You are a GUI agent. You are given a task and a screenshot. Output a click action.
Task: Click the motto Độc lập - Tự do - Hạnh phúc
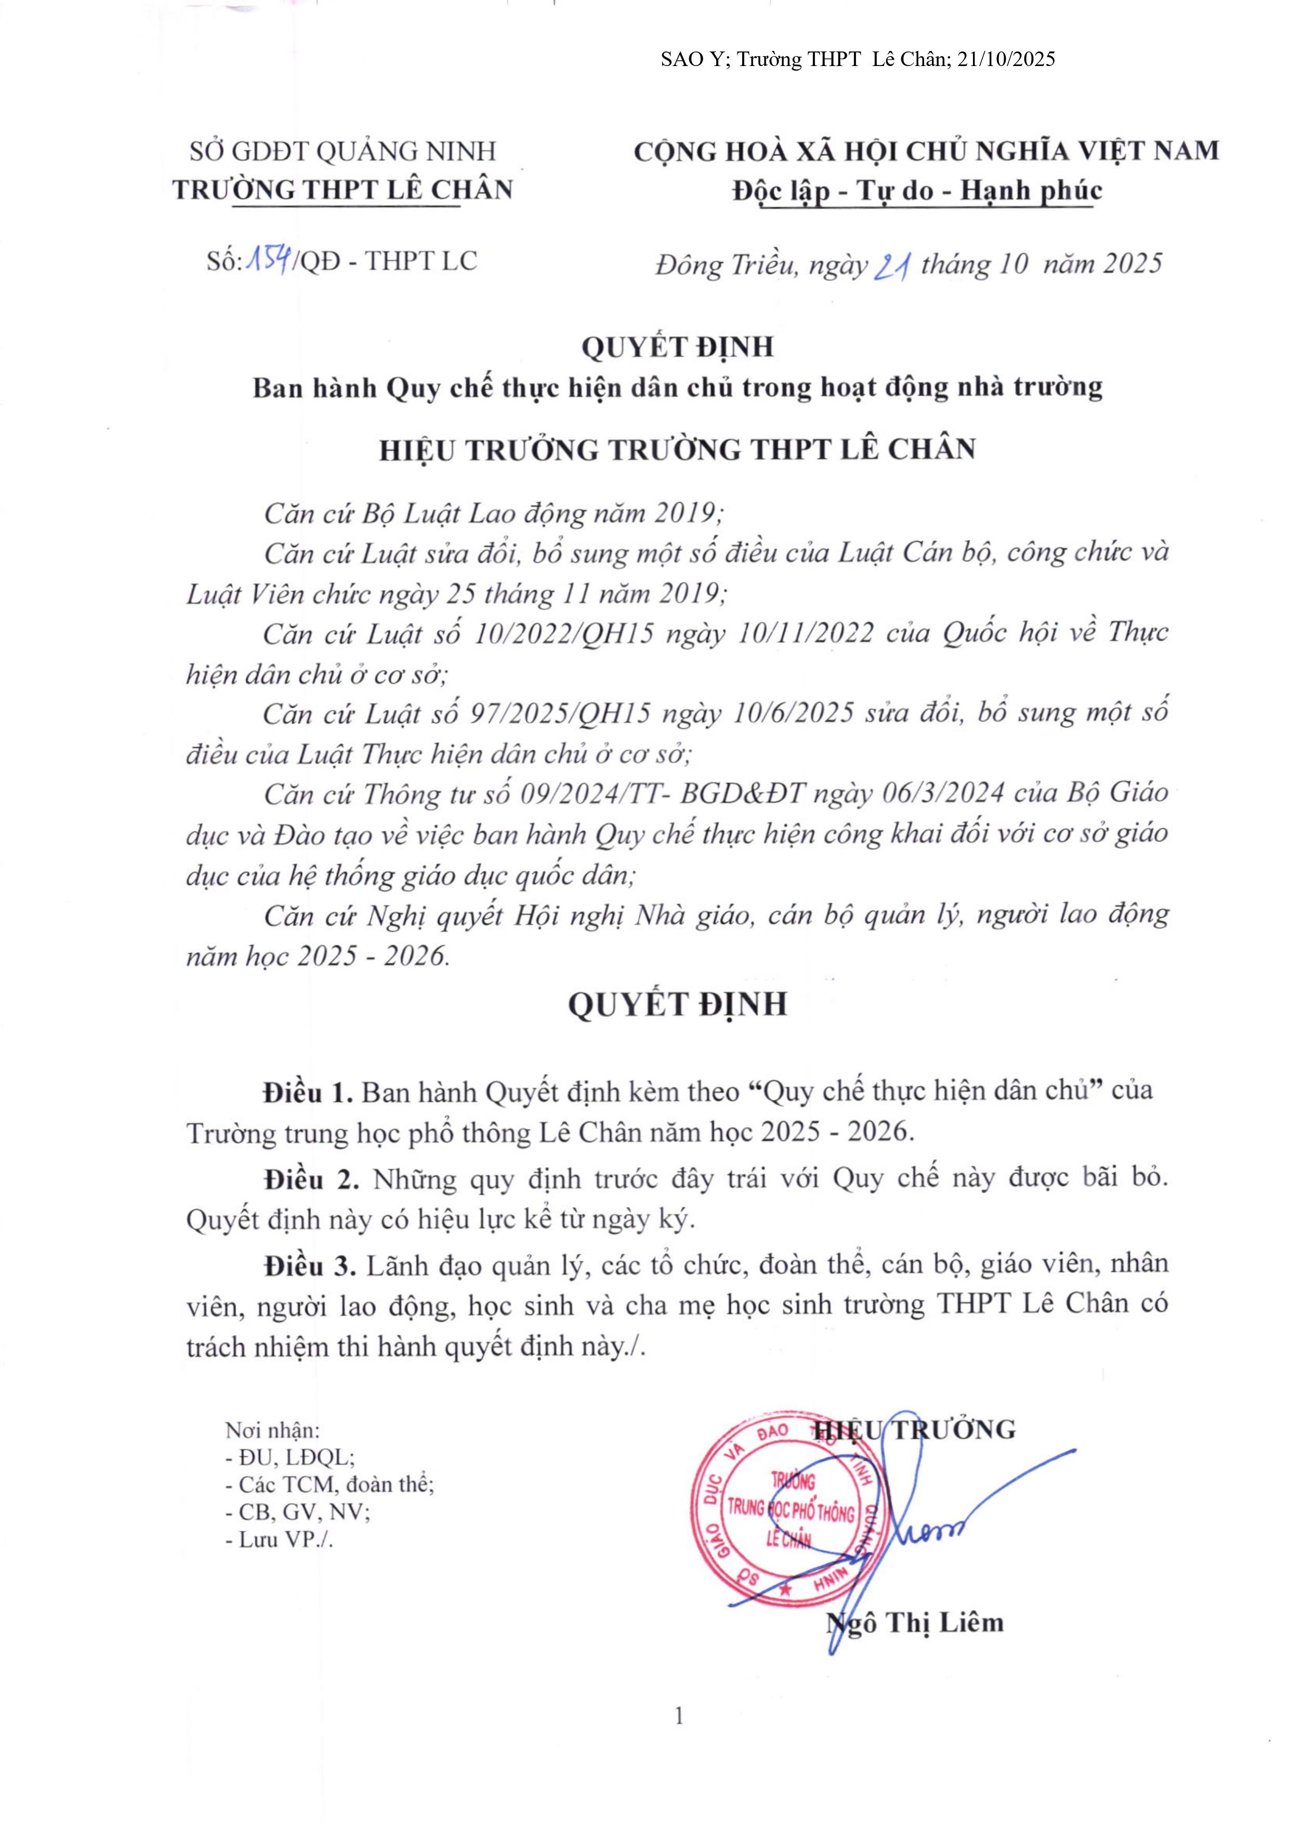click(917, 191)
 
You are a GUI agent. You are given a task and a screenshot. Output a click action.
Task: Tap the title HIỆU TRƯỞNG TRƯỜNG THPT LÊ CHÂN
click(677, 450)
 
